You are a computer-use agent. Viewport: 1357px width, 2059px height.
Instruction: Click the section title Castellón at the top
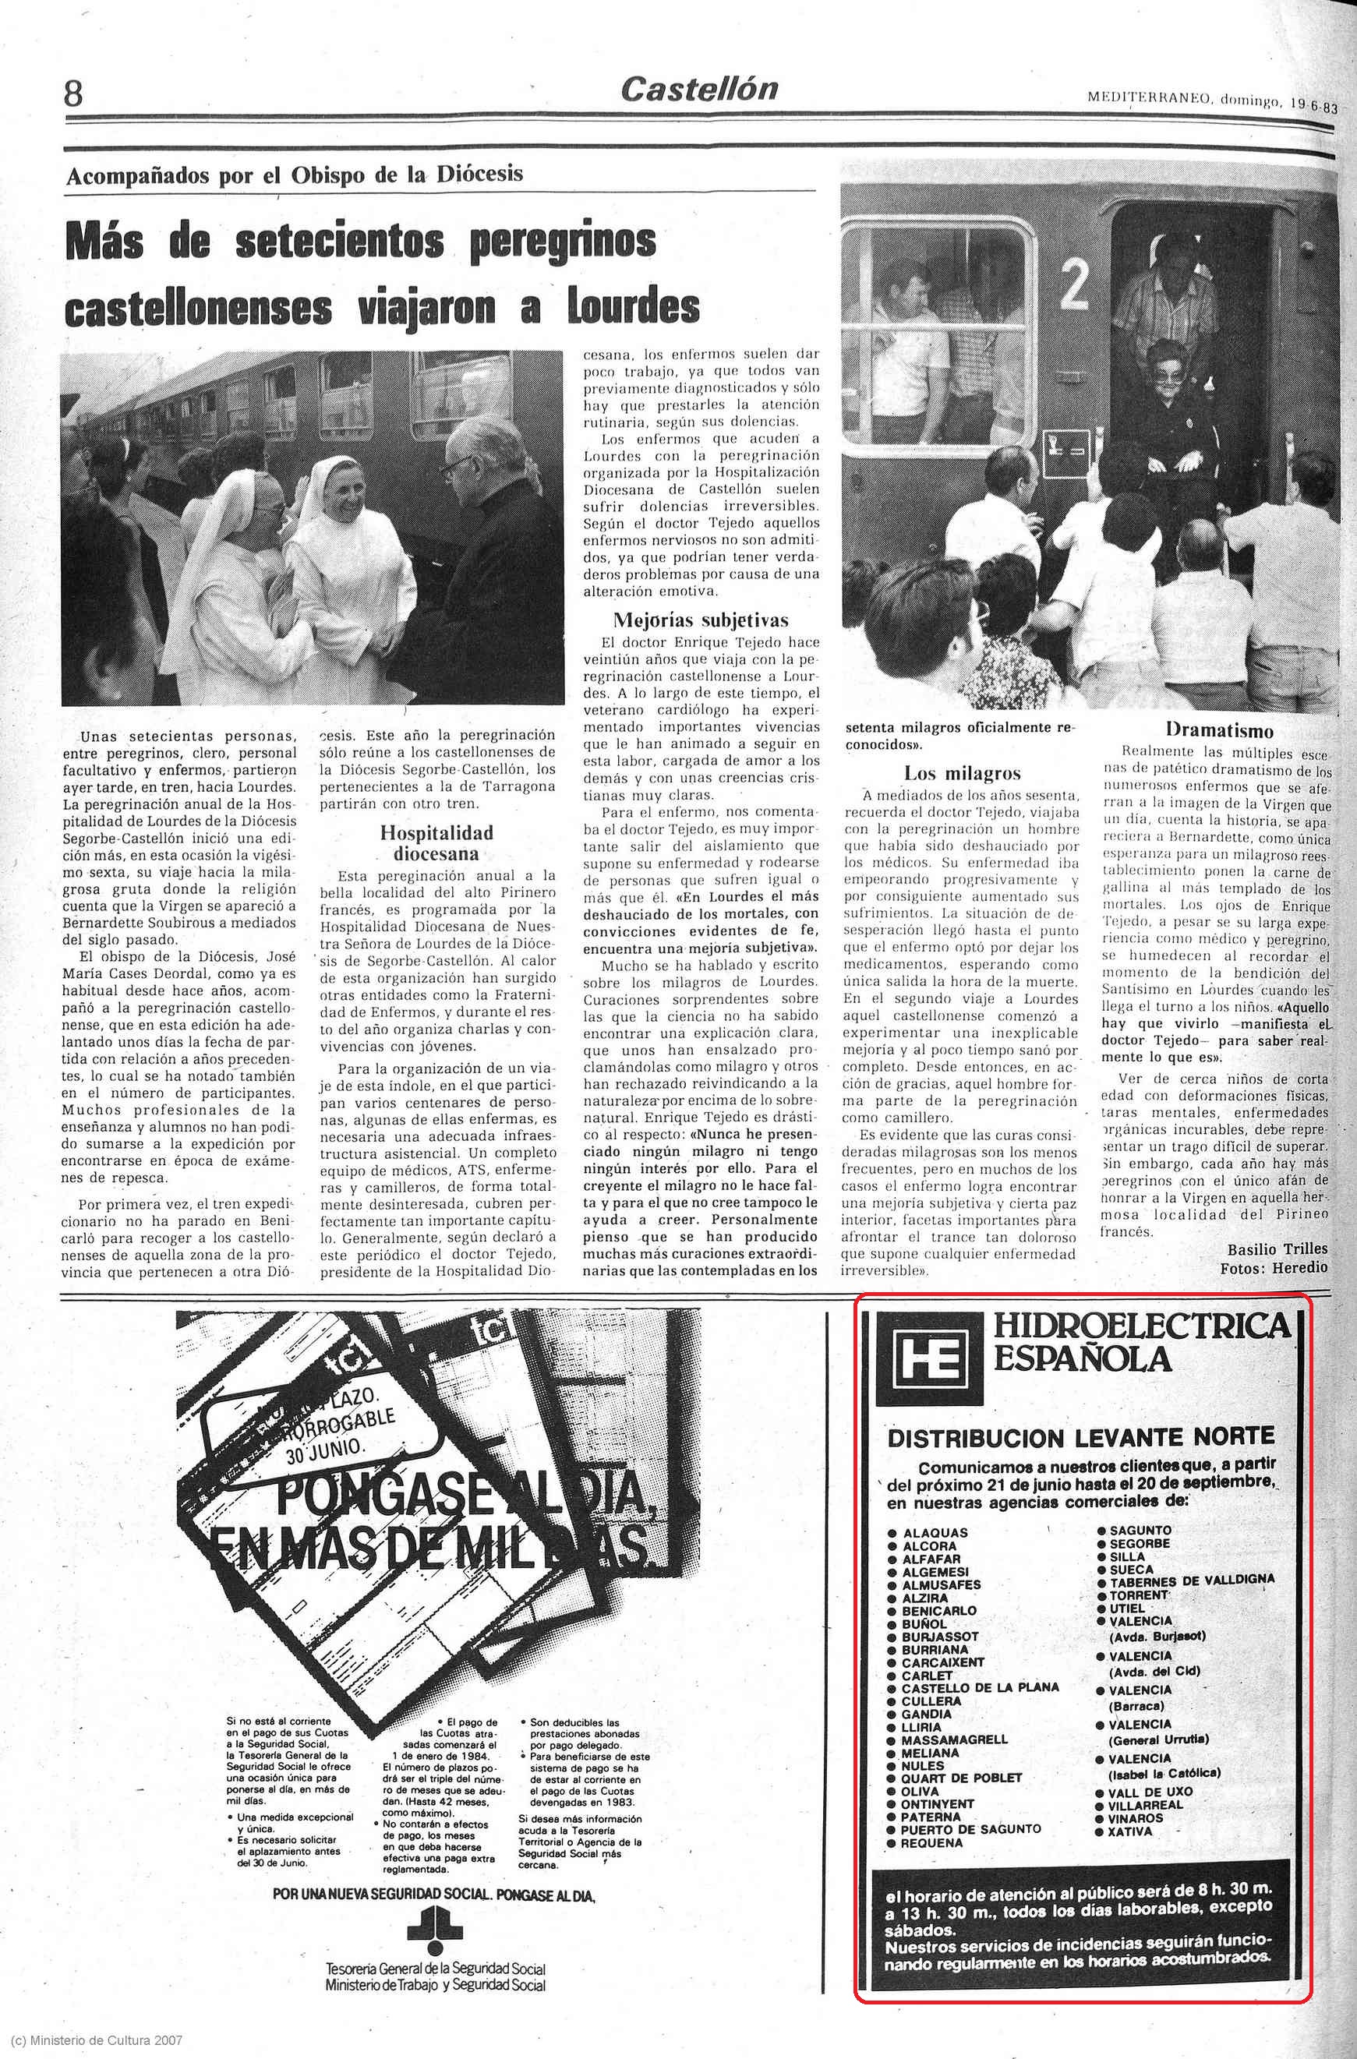click(x=698, y=88)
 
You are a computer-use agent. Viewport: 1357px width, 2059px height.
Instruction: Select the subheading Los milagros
click(x=963, y=772)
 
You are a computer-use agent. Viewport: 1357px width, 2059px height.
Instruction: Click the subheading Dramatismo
click(x=1218, y=729)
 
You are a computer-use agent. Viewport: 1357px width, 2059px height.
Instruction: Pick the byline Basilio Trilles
click(x=1277, y=1249)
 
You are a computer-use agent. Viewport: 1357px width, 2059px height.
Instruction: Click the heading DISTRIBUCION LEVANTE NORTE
click(x=1081, y=1437)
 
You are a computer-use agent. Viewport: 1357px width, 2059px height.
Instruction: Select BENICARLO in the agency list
click(x=938, y=1611)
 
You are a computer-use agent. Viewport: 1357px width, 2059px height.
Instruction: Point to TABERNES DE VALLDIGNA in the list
click(x=1192, y=1579)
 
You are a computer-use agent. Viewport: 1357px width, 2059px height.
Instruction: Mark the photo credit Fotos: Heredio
click(x=1273, y=1267)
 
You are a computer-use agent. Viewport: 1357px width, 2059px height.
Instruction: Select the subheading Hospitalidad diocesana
click(x=436, y=842)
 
